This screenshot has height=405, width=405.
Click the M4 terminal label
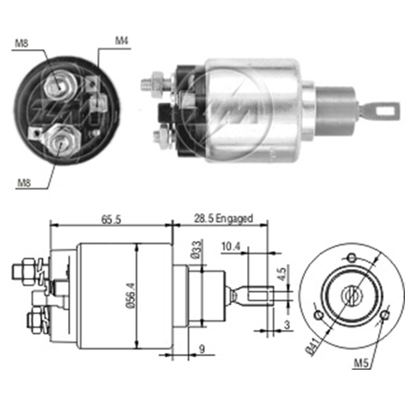tap(122, 41)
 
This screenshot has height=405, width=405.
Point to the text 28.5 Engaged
tap(223, 219)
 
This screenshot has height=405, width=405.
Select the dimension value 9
tap(202, 350)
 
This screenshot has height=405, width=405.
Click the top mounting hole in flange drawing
tap(352, 257)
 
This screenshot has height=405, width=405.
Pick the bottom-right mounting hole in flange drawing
tap(385, 314)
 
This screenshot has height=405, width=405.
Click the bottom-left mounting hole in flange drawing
tap(319, 315)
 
